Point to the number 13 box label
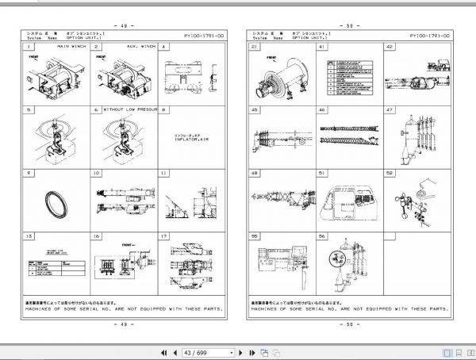(x=28, y=236)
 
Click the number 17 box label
(x=163, y=236)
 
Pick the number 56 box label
(x=322, y=236)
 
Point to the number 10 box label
(x=95, y=173)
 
